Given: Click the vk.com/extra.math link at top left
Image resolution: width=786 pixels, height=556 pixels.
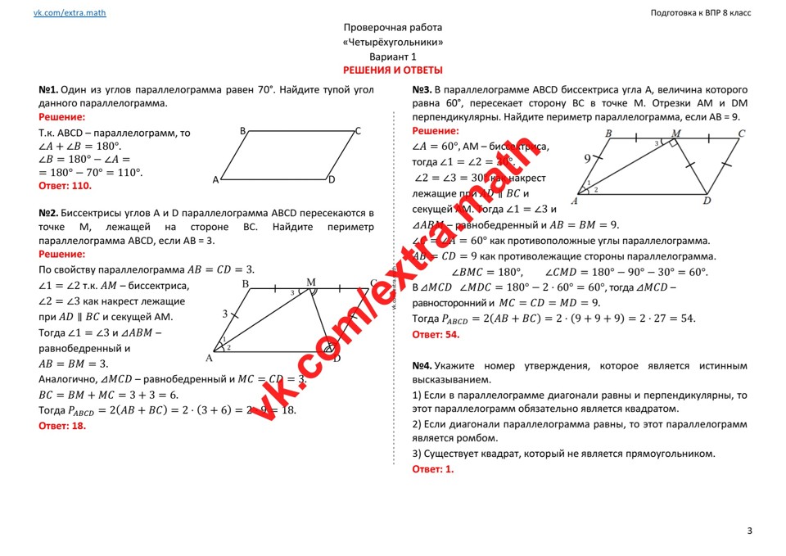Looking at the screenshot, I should click(x=70, y=13).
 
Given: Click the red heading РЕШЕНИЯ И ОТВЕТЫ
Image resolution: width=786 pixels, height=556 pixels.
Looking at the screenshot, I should click(x=393, y=70).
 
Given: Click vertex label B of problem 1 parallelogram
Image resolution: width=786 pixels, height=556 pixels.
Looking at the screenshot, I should click(x=243, y=131).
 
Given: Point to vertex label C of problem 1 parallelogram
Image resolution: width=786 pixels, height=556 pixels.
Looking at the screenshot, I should click(x=358, y=131).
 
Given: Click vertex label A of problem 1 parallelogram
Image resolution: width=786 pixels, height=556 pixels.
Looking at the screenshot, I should click(x=216, y=179).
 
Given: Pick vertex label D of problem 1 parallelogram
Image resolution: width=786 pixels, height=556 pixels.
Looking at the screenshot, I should click(x=332, y=179).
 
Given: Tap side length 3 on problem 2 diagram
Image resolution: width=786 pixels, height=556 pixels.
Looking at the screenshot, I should click(x=224, y=314).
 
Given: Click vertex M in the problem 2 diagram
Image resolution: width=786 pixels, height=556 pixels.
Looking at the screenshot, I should click(x=311, y=283).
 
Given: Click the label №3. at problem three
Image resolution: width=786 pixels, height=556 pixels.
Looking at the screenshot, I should click(x=422, y=90).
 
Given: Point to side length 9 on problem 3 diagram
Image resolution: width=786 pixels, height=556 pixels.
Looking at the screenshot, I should click(x=587, y=159).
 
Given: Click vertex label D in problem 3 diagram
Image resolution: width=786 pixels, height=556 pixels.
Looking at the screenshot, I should click(x=707, y=201).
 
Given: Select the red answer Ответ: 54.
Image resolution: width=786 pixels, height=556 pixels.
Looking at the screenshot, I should click(x=436, y=334).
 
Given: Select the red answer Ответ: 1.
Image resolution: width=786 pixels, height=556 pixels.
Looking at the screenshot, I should click(x=432, y=469).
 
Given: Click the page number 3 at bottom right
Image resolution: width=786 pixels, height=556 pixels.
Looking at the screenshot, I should click(x=749, y=531).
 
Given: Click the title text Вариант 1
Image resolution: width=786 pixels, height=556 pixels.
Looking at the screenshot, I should click(x=393, y=57).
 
